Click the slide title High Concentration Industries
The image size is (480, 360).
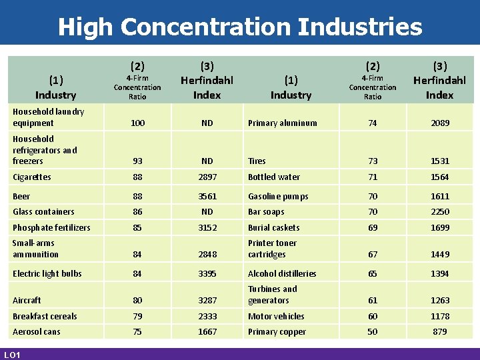click(240, 27)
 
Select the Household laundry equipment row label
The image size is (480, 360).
click(49, 117)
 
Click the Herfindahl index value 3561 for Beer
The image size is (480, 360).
click(207, 196)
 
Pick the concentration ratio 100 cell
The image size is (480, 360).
click(137, 123)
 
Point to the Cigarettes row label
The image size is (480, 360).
click(32, 177)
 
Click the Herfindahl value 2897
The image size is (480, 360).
click(207, 177)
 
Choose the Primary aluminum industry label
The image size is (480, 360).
click(282, 123)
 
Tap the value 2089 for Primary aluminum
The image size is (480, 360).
click(440, 123)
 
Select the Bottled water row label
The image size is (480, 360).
click(274, 177)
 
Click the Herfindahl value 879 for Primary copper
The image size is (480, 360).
click(440, 332)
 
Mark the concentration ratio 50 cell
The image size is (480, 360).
click(373, 332)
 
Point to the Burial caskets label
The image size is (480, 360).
click(274, 227)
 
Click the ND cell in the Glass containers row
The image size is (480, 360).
click(207, 212)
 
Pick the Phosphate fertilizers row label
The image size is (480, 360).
click(51, 227)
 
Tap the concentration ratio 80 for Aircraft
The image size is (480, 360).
click(137, 301)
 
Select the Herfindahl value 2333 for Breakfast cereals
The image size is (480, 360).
click(207, 317)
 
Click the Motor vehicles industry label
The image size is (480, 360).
click(276, 317)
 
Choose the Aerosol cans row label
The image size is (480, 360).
click(37, 332)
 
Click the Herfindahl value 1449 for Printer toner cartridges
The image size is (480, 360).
click(440, 255)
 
